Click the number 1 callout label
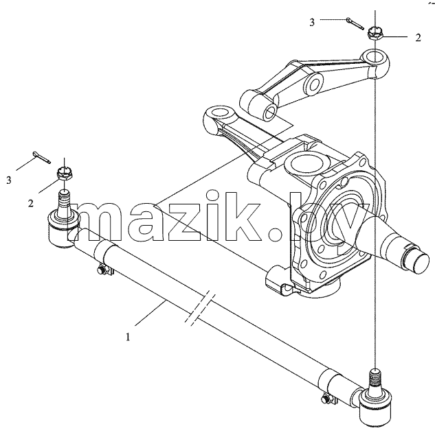128,338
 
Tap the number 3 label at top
312,22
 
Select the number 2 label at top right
418,38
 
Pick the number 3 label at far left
9,180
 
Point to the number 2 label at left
30,203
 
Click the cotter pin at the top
355,23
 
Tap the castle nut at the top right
375,34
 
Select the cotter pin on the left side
42,157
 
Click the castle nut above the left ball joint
65,174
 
